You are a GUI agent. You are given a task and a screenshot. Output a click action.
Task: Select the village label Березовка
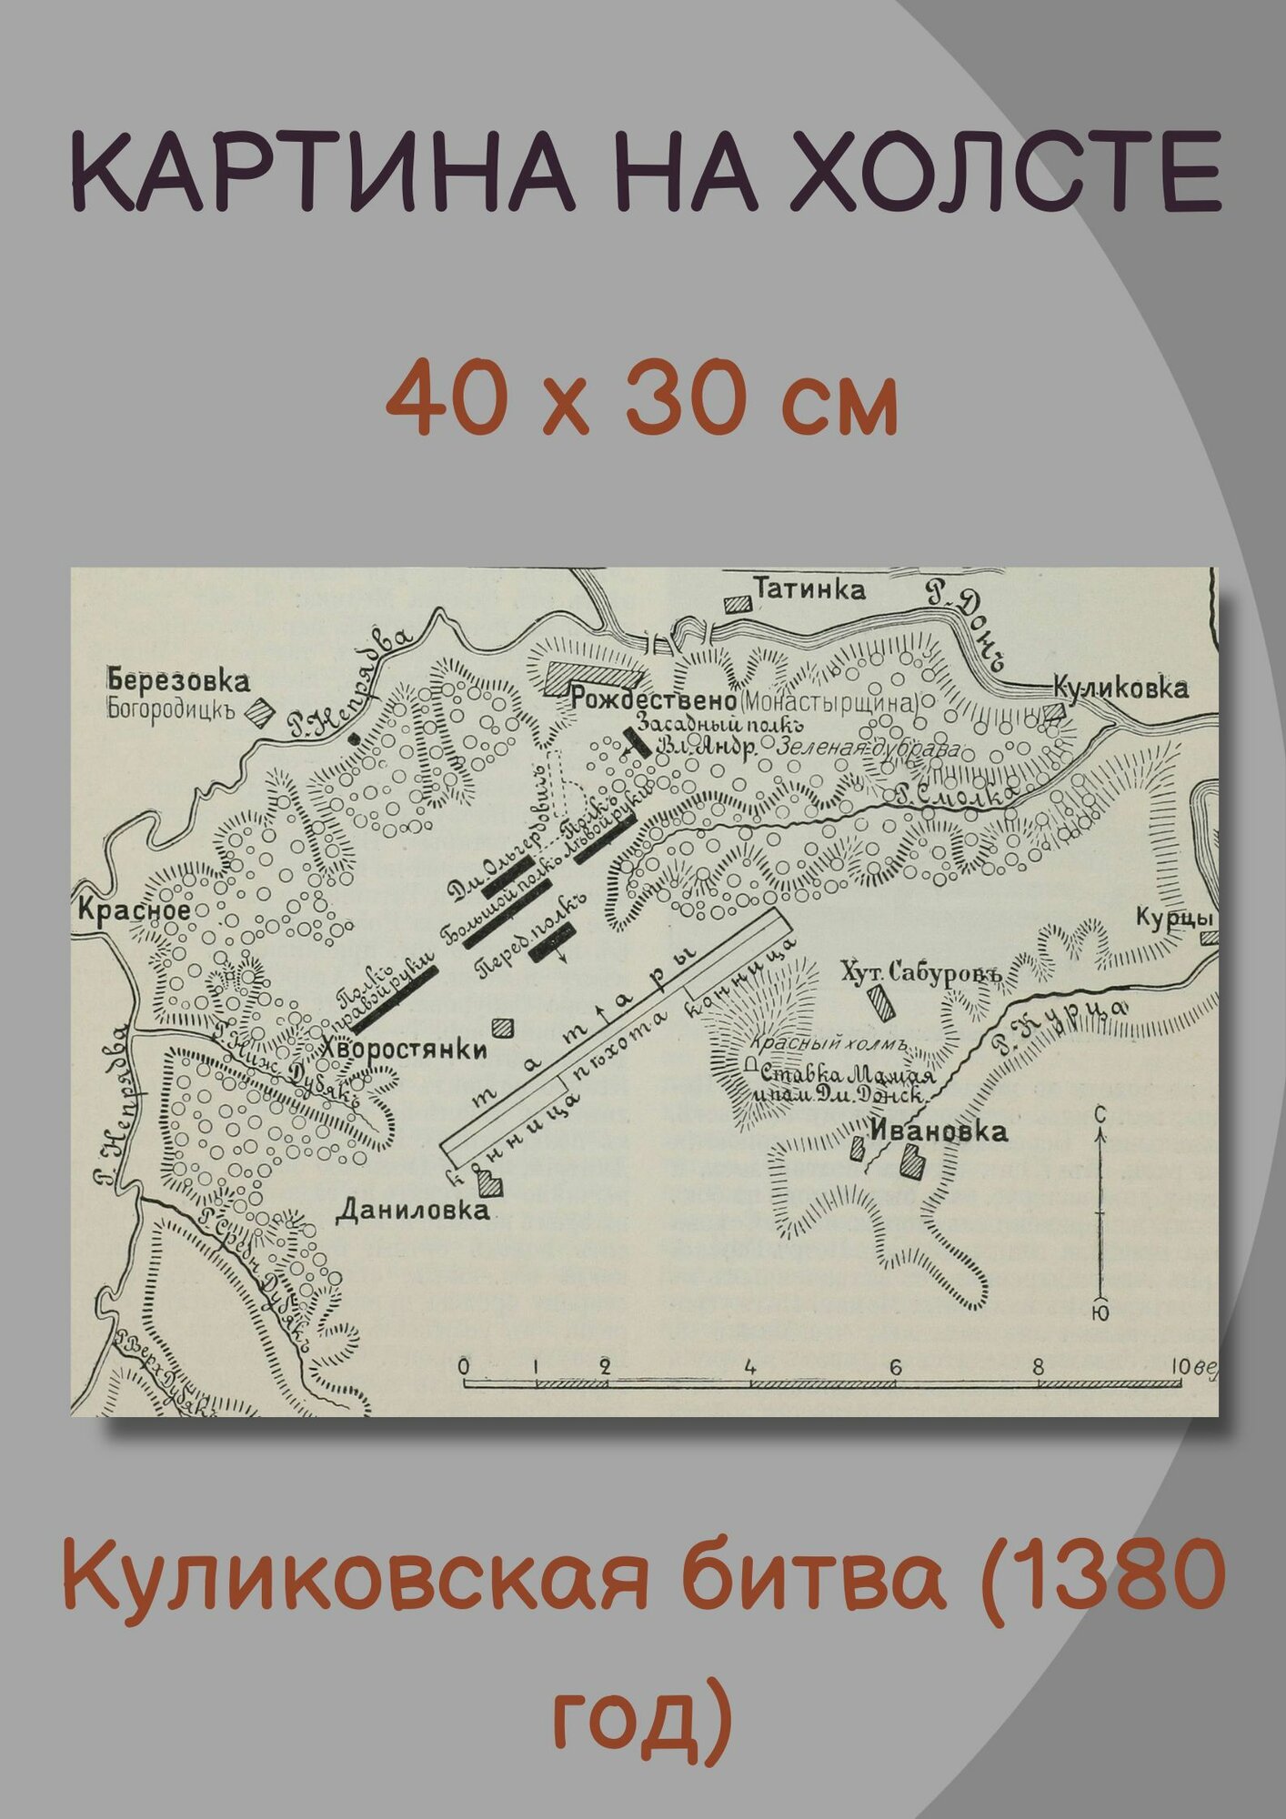(178, 680)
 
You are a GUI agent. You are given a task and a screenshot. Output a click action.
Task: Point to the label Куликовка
(1120, 688)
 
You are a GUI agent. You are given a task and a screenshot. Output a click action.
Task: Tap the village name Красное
(134, 909)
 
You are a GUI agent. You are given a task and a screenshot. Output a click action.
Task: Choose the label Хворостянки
(405, 1049)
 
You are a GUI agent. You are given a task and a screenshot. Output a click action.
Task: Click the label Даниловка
(412, 1210)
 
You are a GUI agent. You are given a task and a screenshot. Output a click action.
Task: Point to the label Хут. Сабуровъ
(920, 972)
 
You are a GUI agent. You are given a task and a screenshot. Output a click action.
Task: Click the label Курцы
(1174, 919)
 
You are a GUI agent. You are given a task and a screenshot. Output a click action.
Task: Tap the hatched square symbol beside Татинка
(738, 603)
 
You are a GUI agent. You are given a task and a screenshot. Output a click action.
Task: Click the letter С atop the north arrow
(1100, 1113)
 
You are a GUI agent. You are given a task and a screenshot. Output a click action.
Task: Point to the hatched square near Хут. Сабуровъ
(879, 1002)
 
